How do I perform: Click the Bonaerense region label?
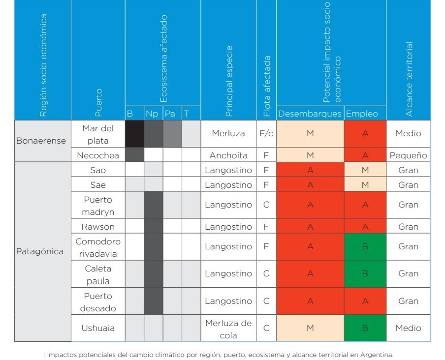tap(41, 141)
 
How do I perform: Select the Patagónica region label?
tap(40, 251)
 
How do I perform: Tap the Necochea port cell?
tap(98, 155)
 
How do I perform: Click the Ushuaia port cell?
tap(98, 328)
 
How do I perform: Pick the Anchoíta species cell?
tap(228, 155)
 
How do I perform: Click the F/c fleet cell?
tap(266, 133)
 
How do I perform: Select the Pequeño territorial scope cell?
tap(408, 155)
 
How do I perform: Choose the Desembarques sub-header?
tap(310, 114)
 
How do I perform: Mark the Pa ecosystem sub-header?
tap(170, 114)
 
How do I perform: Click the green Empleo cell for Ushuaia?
tap(365, 328)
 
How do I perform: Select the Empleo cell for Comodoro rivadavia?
tap(365, 247)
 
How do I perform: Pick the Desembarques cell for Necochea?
tap(310, 155)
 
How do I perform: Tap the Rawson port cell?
tap(98, 227)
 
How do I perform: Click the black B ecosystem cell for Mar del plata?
tap(134, 133)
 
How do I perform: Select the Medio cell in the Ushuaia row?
tap(408, 328)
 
